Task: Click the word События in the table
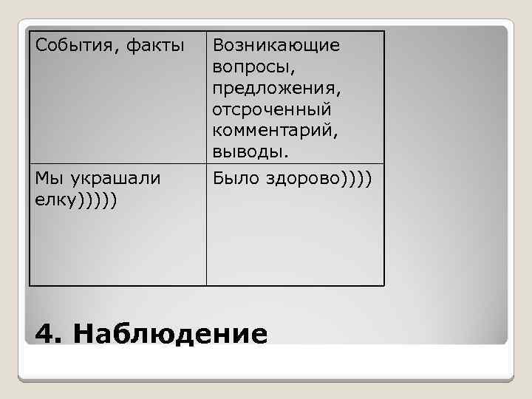click(69, 47)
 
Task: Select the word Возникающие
click(276, 47)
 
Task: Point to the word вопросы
click(253, 67)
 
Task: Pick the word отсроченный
click(272, 109)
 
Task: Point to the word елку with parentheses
click(52, 200)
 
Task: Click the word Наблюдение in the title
click(170, 334)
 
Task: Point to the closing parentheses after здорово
click(357, 180)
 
